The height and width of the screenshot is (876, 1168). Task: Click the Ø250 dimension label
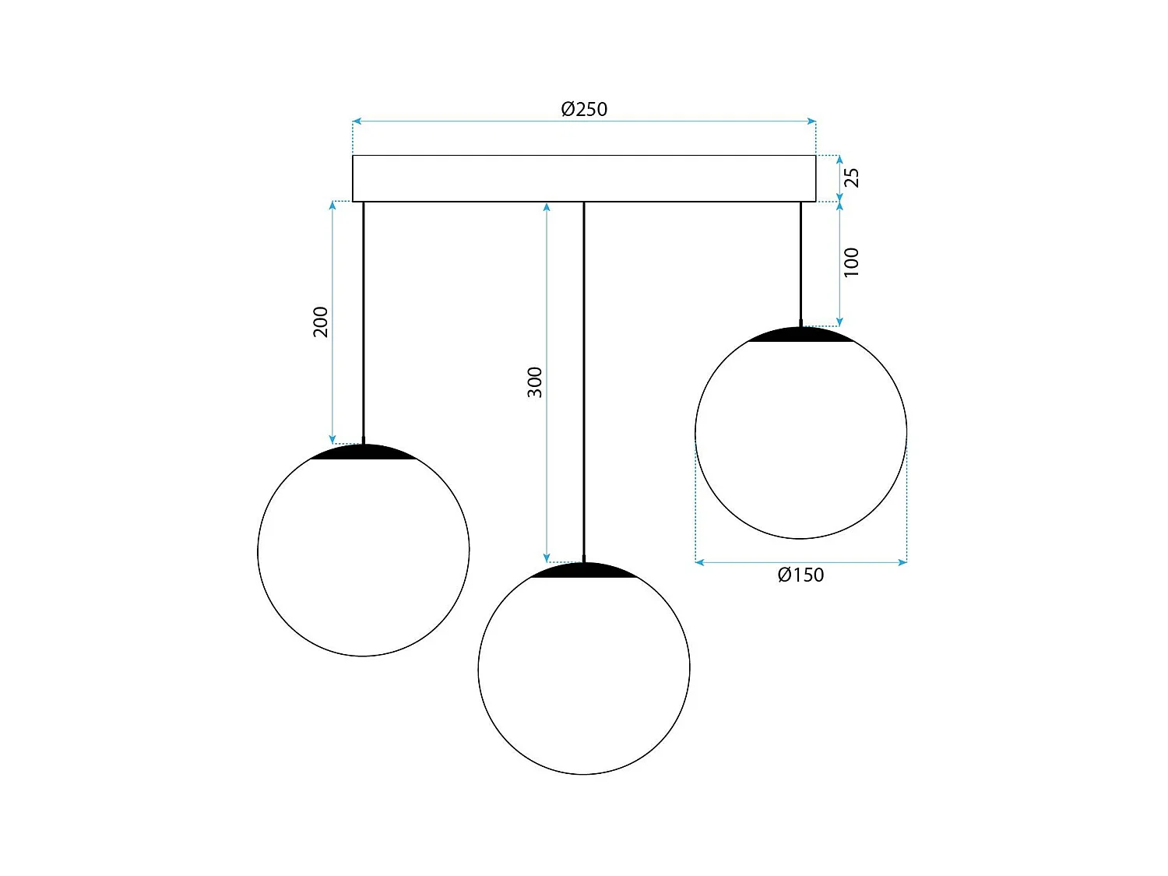point(584,109)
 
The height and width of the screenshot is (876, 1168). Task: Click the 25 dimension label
point(853,178)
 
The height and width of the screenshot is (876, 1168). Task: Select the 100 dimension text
point(852,262)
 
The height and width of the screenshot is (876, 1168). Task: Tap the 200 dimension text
point(321,322)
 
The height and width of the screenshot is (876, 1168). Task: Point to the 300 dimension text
point(535,382)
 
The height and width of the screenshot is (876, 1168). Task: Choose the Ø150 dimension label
point(800,575)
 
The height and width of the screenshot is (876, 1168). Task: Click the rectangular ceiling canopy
point(584,178)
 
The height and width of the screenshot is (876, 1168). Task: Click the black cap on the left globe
point(364,453)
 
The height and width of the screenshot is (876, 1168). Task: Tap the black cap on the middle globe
point(584,571)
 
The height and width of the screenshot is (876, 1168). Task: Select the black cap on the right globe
point(800,336)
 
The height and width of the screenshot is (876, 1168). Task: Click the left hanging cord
point(364,319)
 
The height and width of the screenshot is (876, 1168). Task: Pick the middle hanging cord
point(584,382)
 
